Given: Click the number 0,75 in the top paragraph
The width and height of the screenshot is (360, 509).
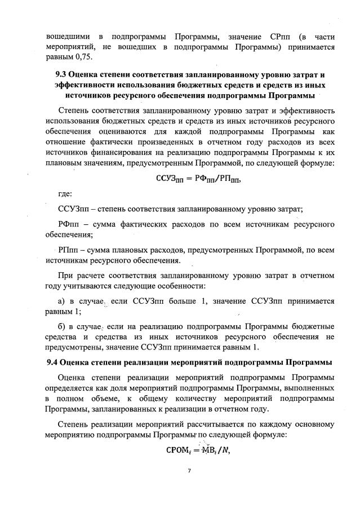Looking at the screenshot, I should pos(82,57).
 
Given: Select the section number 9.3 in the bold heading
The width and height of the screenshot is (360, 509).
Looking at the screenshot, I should pos(63,74).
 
